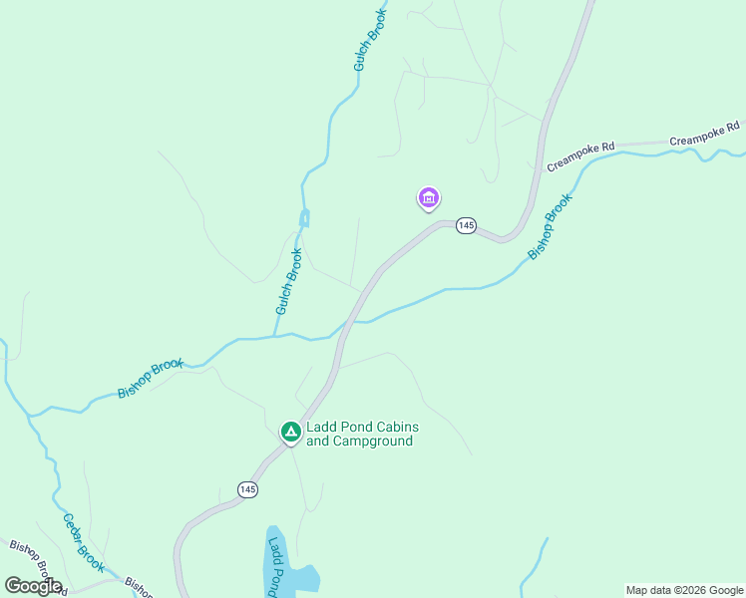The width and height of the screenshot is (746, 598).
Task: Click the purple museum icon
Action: (x=429, y=199)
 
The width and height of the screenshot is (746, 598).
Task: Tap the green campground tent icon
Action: (x=290, y=432)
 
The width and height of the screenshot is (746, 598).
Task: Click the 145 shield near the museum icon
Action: (x=466, y=226)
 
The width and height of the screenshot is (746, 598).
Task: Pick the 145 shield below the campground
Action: (x=248, y=488)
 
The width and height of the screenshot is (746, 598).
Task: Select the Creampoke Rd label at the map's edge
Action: (x=705, y=135)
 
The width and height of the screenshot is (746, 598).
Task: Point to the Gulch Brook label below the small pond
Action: (x=288, y=282)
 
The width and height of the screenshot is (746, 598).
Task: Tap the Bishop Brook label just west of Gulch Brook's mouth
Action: (x=151, y=379)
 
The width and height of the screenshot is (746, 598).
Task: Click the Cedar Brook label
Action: (x=84, y=542)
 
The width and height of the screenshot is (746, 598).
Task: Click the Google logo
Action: (x=32, y=586)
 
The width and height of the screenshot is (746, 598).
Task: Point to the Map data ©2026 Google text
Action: (x=684, y=590)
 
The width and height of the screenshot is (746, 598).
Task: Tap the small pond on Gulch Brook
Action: (x=304, y=217)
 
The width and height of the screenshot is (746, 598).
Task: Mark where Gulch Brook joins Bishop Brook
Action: (x=275, y=336)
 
